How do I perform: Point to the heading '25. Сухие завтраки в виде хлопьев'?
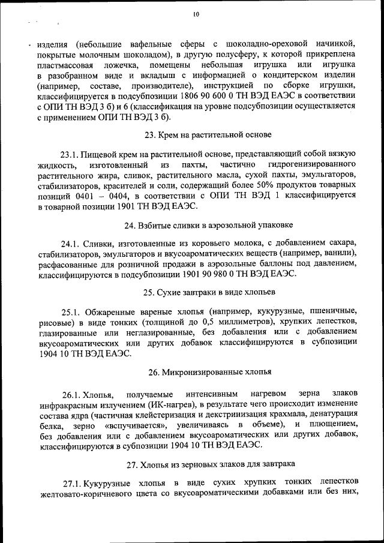pos(209,292)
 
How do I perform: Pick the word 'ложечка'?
pos(120,65)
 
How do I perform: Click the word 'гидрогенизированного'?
pos(316,164)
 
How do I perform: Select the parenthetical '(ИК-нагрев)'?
pos(169,404)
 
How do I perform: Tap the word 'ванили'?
pos(339,253)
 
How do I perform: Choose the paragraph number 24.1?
pos(73,243)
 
